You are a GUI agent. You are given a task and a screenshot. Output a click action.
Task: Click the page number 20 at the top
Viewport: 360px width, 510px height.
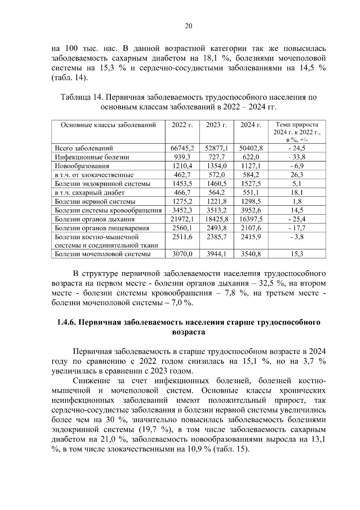tap(188, 26)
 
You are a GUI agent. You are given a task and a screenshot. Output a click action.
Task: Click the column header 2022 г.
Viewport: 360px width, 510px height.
tap(182, 125)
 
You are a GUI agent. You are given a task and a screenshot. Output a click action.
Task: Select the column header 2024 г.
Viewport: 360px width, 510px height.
tap(251, 125)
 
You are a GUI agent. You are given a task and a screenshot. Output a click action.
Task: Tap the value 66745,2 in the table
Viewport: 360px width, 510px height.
tap(182, 148)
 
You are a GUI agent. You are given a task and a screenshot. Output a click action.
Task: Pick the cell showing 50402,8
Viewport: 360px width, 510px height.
tap(251, 148)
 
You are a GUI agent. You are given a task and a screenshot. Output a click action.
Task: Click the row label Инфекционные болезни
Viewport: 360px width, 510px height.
tap(92, 157)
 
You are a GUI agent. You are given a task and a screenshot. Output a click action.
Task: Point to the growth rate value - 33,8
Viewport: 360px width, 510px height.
tap(297, 157)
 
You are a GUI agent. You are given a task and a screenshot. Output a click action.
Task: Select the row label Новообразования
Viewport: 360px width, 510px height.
tap(82, 166)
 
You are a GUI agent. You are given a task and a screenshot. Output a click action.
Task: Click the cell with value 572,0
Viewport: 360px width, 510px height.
tap(217, 175)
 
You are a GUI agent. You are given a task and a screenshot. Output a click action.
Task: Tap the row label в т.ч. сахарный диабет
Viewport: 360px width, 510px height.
tap(89, 193)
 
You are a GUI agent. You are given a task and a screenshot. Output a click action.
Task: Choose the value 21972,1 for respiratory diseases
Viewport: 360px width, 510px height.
tap(182, 219)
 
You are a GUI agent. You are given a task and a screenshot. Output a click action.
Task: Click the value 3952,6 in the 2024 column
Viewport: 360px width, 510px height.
tap(251, 210)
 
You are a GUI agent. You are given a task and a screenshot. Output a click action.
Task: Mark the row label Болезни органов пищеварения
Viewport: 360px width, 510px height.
tap(102, 228)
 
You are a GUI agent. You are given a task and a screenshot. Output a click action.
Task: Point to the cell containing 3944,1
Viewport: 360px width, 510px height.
tap(217, 254)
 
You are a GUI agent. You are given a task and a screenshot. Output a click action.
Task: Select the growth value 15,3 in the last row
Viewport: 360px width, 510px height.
tap(297, 254)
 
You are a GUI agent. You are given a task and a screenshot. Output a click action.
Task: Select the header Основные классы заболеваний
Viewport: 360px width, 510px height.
tap(108, 125)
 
